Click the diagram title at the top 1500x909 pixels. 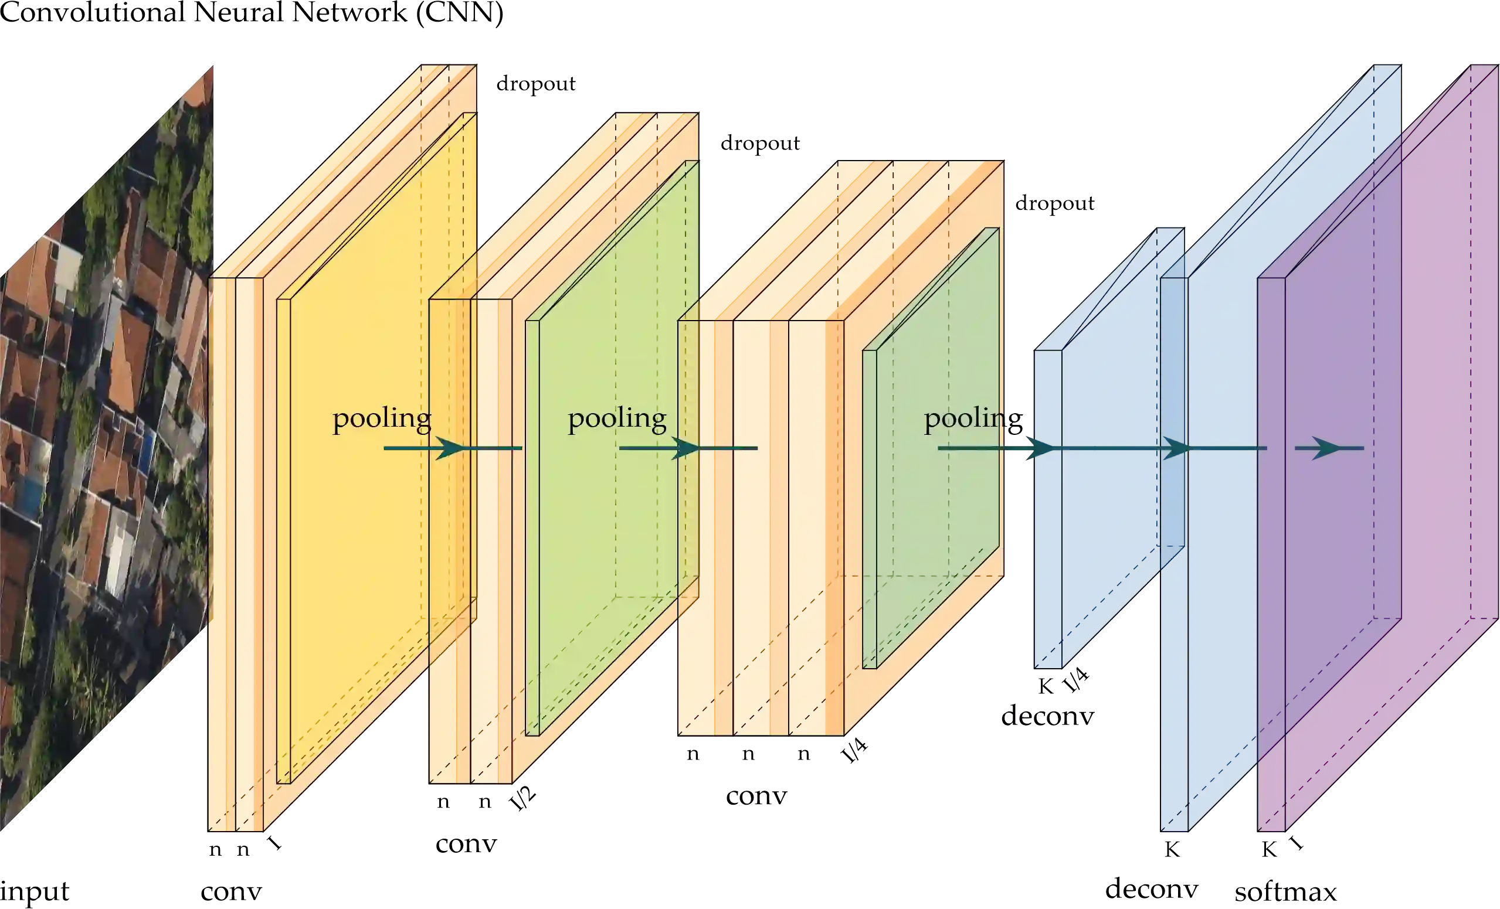[x=253, y=13]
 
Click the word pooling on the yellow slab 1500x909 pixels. [x=382, y=418]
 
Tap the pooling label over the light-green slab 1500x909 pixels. [x=617, y=418]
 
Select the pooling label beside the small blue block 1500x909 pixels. [x=973, y=418]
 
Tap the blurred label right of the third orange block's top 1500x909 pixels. [x=1055, y=203]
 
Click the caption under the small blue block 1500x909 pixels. [x=1048, y=717]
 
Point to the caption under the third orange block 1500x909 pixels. [x=755, y=796]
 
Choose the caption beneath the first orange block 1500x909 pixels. [x=229, y=893]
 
